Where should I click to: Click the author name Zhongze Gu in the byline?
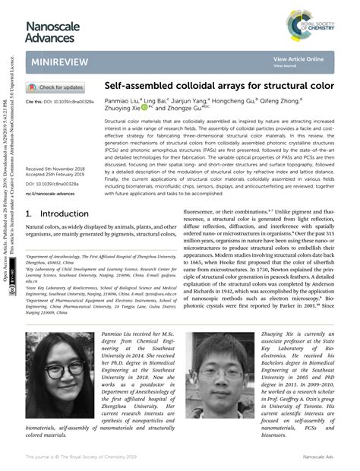point(185,109)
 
